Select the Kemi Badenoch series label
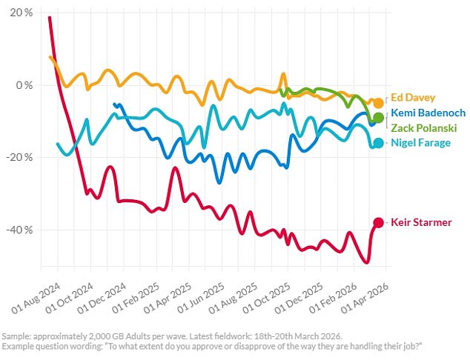[428, 113]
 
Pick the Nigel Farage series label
[420, 142]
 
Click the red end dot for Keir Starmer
[378, 222]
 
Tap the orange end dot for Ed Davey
[378, 103]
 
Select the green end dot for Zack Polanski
[378, 118]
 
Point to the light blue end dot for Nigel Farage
[378, 142]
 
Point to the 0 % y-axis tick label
[25, 85]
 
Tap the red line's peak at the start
[50, 17]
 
